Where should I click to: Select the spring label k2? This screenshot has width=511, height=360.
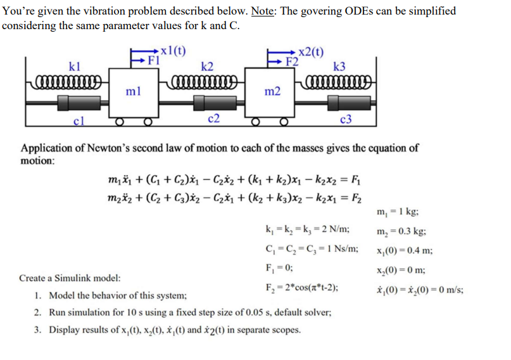207,65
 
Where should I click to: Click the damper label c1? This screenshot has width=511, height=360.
79,119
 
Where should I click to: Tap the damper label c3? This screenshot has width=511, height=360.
346,119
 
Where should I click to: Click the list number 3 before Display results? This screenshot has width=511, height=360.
38,330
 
